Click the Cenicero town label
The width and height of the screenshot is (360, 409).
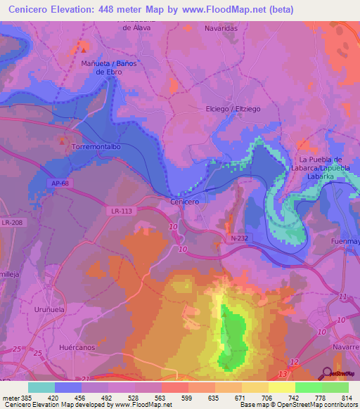click(185, 202)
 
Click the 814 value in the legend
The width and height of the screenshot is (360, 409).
click(345, 397)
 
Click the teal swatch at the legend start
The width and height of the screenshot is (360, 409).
click(41, 387)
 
